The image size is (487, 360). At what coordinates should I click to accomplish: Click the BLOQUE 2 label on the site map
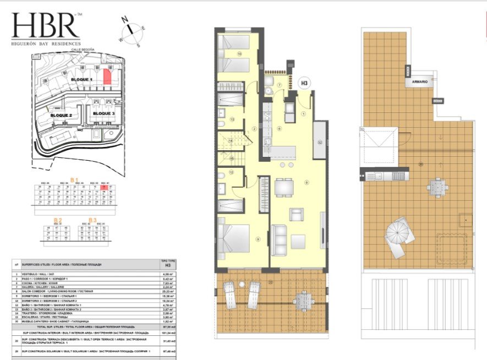point(61,115)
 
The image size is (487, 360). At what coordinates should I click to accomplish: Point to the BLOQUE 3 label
point(103,113)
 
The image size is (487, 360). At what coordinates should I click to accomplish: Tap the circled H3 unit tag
point(304,83)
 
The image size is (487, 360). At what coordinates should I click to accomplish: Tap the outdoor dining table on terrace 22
point(302,300)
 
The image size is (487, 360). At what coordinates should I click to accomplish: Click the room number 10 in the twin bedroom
point(239,54)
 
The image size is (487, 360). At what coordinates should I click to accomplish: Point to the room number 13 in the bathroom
point(232,119)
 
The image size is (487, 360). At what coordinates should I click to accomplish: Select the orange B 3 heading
point(92,220)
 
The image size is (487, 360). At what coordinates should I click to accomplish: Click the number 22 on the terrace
point(270,282)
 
